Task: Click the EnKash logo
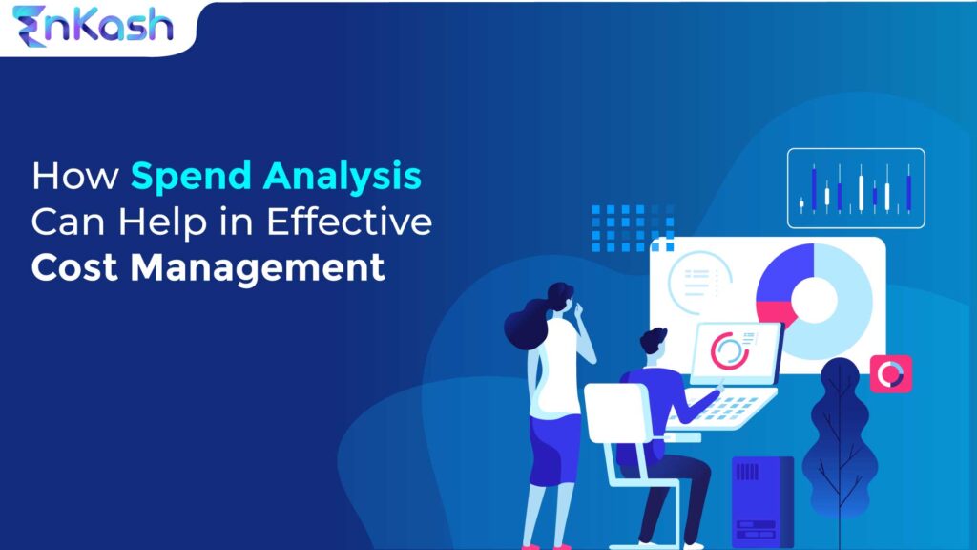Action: pos(93,26)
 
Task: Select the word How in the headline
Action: pos(76,178)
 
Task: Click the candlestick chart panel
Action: pos(856,188)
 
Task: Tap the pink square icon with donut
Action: pos(890,374)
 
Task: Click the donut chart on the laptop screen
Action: pos(730,350)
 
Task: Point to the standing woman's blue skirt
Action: pos(554,449)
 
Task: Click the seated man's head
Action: pos(655,344)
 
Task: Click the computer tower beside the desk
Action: pos(762,500)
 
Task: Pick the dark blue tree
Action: pos(839,430)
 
